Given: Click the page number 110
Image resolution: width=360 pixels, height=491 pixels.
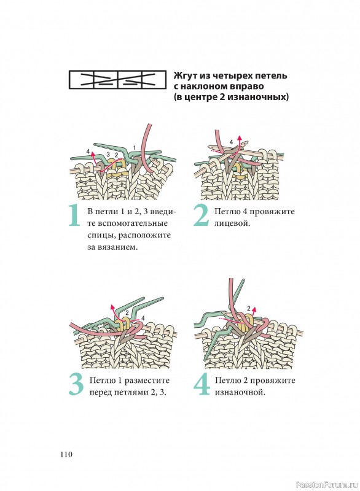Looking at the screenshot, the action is (x=66, y=454).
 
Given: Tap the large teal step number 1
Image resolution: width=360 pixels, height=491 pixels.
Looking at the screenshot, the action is (x=74, y=215).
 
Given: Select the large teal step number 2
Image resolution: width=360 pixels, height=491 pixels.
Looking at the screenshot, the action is (x=201, y=215).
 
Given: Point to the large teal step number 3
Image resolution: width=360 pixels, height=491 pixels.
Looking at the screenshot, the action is (x=76, y=385).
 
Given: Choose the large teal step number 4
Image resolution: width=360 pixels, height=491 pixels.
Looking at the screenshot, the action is (x=202, y=385).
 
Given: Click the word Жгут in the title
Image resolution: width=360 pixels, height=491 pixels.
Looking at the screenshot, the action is (x=185, y=75).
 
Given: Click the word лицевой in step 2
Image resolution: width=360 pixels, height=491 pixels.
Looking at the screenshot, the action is (x=232, y=223).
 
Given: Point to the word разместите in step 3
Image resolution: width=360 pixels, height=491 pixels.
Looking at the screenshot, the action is (x=147, y=381).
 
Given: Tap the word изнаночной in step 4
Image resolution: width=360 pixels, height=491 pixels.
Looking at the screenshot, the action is (x=240, y=392).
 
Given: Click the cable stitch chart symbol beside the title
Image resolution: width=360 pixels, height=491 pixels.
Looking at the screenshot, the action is (x=117, y=80).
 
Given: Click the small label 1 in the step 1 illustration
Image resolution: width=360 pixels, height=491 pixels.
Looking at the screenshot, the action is (x=135, y=147).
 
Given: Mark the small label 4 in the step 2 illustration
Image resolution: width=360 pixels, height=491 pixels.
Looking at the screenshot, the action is (x=231, y=142).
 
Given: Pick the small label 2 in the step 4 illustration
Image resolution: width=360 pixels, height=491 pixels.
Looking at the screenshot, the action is (x=249, y=309).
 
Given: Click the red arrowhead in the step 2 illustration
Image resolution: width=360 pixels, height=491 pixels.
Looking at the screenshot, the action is (x=240, y=137).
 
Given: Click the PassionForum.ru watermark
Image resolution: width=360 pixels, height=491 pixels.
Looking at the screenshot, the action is (x=326, y=485).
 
